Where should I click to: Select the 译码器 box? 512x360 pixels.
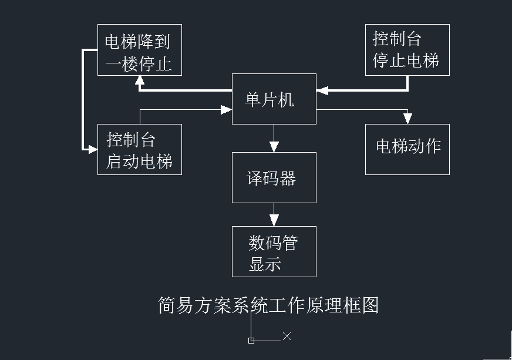tap(274, 177)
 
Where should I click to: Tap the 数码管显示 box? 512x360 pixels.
tap(274, 251)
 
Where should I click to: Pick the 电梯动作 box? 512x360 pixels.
tap(407, 149)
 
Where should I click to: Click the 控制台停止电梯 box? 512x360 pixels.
tap(407, 50)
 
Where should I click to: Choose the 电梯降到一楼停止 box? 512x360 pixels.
tap(139, 50)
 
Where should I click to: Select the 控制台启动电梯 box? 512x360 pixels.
tap(139, 149)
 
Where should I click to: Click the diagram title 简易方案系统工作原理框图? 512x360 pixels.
tap(268, 305)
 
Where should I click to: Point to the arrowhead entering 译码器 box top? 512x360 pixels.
tap(274, 147)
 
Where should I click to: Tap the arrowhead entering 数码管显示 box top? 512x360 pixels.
tap(274, 221)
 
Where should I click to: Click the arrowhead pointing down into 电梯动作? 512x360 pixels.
tap(407, 119)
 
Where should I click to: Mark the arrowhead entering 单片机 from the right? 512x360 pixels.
tap(322, 90)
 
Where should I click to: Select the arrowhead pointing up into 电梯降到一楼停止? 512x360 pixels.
tap(139, 80)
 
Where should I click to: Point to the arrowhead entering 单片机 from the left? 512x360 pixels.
tap(227, 109)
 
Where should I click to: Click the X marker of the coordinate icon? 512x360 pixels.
tap(287, 336)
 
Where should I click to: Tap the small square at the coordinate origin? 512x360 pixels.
tap(251, 340)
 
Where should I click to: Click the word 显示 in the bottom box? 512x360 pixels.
tap(265, 264)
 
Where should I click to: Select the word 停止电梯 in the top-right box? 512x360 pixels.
tap(406, 60)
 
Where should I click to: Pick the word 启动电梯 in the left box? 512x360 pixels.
tap(139, 161)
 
